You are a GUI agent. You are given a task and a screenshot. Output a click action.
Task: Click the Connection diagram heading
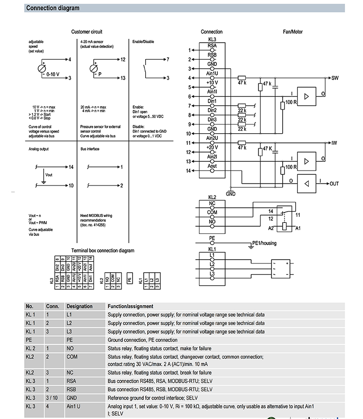tap(53, 8)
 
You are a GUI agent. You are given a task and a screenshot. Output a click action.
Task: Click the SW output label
tap(334, 78)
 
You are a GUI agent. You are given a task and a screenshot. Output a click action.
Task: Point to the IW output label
tap(334, 143)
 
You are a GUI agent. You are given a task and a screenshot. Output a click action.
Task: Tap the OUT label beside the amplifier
tap(334, 184)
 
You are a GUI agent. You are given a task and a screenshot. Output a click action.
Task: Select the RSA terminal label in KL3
tap(212, 46)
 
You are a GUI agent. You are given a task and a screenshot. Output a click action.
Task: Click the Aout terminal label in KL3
tap(212, 166)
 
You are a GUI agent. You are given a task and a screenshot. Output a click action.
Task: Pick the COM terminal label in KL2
tap(212, 212)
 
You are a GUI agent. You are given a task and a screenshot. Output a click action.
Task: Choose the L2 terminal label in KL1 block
tap(212, 264)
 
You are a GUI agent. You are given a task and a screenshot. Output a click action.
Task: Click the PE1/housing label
tap(264, 243)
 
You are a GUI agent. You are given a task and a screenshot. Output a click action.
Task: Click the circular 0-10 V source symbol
tap(42, 68)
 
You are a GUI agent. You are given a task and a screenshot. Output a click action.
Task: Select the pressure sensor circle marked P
tap(94, 68)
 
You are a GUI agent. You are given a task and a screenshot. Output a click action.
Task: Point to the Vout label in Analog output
tap(49, 175)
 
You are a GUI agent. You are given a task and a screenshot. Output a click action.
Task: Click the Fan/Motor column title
tap(293, 32)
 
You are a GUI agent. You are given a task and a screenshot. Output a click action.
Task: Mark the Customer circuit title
tap(87, 32)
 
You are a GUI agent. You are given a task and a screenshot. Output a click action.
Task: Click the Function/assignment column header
tap(130, 306)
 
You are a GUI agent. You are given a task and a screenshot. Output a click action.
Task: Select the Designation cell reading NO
tap(70, 348)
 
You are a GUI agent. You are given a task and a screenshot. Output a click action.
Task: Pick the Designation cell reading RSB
tap(71, 389)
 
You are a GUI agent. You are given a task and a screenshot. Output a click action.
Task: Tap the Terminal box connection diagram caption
tap(103, 250)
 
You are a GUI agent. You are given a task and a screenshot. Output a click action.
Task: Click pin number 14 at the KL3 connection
tap(189, 171)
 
